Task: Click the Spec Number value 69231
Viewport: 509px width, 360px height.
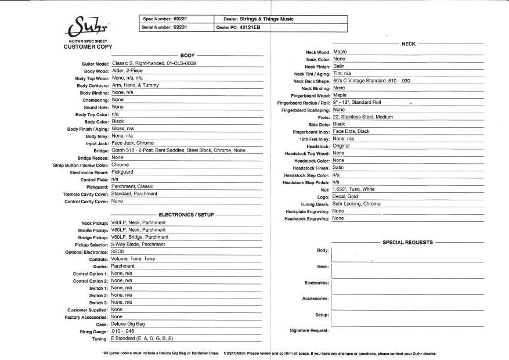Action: (x=180, y=19)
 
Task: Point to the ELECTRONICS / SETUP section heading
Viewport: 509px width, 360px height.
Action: (x=186, y=215)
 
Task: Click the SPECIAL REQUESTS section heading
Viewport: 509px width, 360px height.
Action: (x=407, y=242)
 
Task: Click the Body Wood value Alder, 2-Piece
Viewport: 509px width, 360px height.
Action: (x=131, y=70)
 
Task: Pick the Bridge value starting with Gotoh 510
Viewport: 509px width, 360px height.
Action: (x=178, y=150)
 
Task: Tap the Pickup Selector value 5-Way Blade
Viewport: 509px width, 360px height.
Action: (x=138, y=244)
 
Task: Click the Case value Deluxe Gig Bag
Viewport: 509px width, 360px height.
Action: (x=128, y=324)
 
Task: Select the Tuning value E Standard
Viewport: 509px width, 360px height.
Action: (x=142, y=339)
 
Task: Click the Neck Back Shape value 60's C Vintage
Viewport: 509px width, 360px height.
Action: (x=371, y=81)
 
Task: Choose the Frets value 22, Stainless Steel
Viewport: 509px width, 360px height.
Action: (x=363, y=117)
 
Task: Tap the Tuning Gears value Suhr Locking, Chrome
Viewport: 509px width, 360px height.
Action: (x=357, y=204)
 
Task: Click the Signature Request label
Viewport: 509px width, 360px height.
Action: (x=309, y=330)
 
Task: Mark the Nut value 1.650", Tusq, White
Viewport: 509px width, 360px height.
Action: (x=354, y=189)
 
